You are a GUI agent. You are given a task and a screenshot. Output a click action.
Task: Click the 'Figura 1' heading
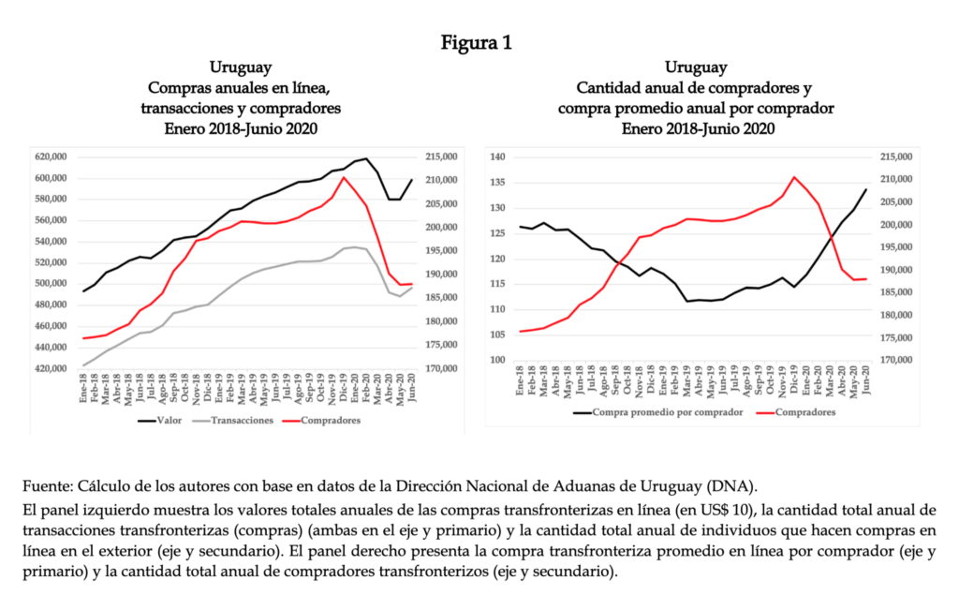pos(479,42)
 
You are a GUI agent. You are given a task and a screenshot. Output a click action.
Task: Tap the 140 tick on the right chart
pos(498,157)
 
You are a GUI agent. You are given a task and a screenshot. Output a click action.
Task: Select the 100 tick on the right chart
pos(498,361)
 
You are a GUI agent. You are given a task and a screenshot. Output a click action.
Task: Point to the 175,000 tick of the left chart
pos(440,345)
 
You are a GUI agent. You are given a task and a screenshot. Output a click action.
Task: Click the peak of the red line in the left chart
pos(344,177)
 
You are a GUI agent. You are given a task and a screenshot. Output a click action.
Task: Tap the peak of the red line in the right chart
pos(795,176)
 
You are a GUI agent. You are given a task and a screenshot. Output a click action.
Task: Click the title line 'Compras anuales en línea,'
pos(241,88)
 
